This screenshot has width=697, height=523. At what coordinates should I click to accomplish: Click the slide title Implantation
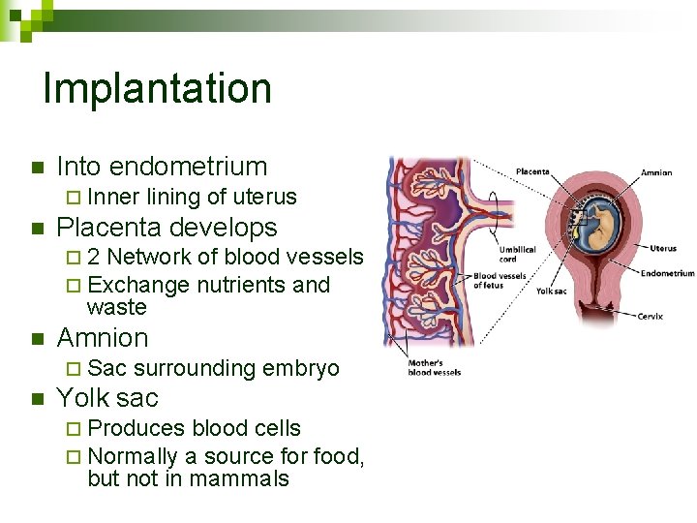coord(157,88)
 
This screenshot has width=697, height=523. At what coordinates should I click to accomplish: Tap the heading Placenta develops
coord(167,228)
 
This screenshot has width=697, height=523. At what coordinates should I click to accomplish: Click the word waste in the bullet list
coord(116,308)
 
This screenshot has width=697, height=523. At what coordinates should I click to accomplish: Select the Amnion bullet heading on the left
coord(103,338)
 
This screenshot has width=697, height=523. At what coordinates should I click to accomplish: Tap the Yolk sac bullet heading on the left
coord(107,398)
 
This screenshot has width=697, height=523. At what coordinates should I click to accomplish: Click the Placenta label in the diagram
coord(532,172)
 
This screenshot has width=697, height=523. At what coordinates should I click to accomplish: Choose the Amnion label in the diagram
coord(656,173)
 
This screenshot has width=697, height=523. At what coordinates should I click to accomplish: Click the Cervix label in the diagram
coord(650,317)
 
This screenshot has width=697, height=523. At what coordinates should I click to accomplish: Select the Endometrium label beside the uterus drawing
coord(667,273)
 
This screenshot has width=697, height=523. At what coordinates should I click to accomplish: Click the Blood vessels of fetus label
coord(500,281)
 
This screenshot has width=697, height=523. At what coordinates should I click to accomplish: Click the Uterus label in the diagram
coord(663,248)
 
